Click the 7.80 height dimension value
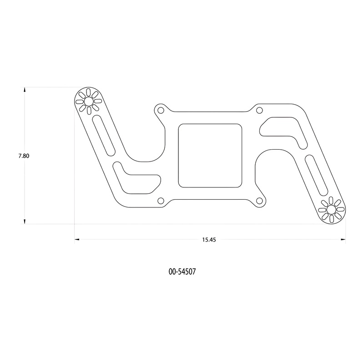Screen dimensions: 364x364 point(24,156)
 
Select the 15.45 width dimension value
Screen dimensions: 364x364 point(209,240)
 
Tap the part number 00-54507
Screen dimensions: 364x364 point(182,271)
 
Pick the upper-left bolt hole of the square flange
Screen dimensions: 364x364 point(160,110)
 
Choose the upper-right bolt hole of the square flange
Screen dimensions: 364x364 point(259,110)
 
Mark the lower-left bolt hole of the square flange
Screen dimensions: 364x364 point(161,201)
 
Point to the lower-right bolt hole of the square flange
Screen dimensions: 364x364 point(260,201)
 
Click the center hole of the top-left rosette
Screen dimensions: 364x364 point(88,101)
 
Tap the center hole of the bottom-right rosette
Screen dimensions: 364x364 point(331,210)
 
